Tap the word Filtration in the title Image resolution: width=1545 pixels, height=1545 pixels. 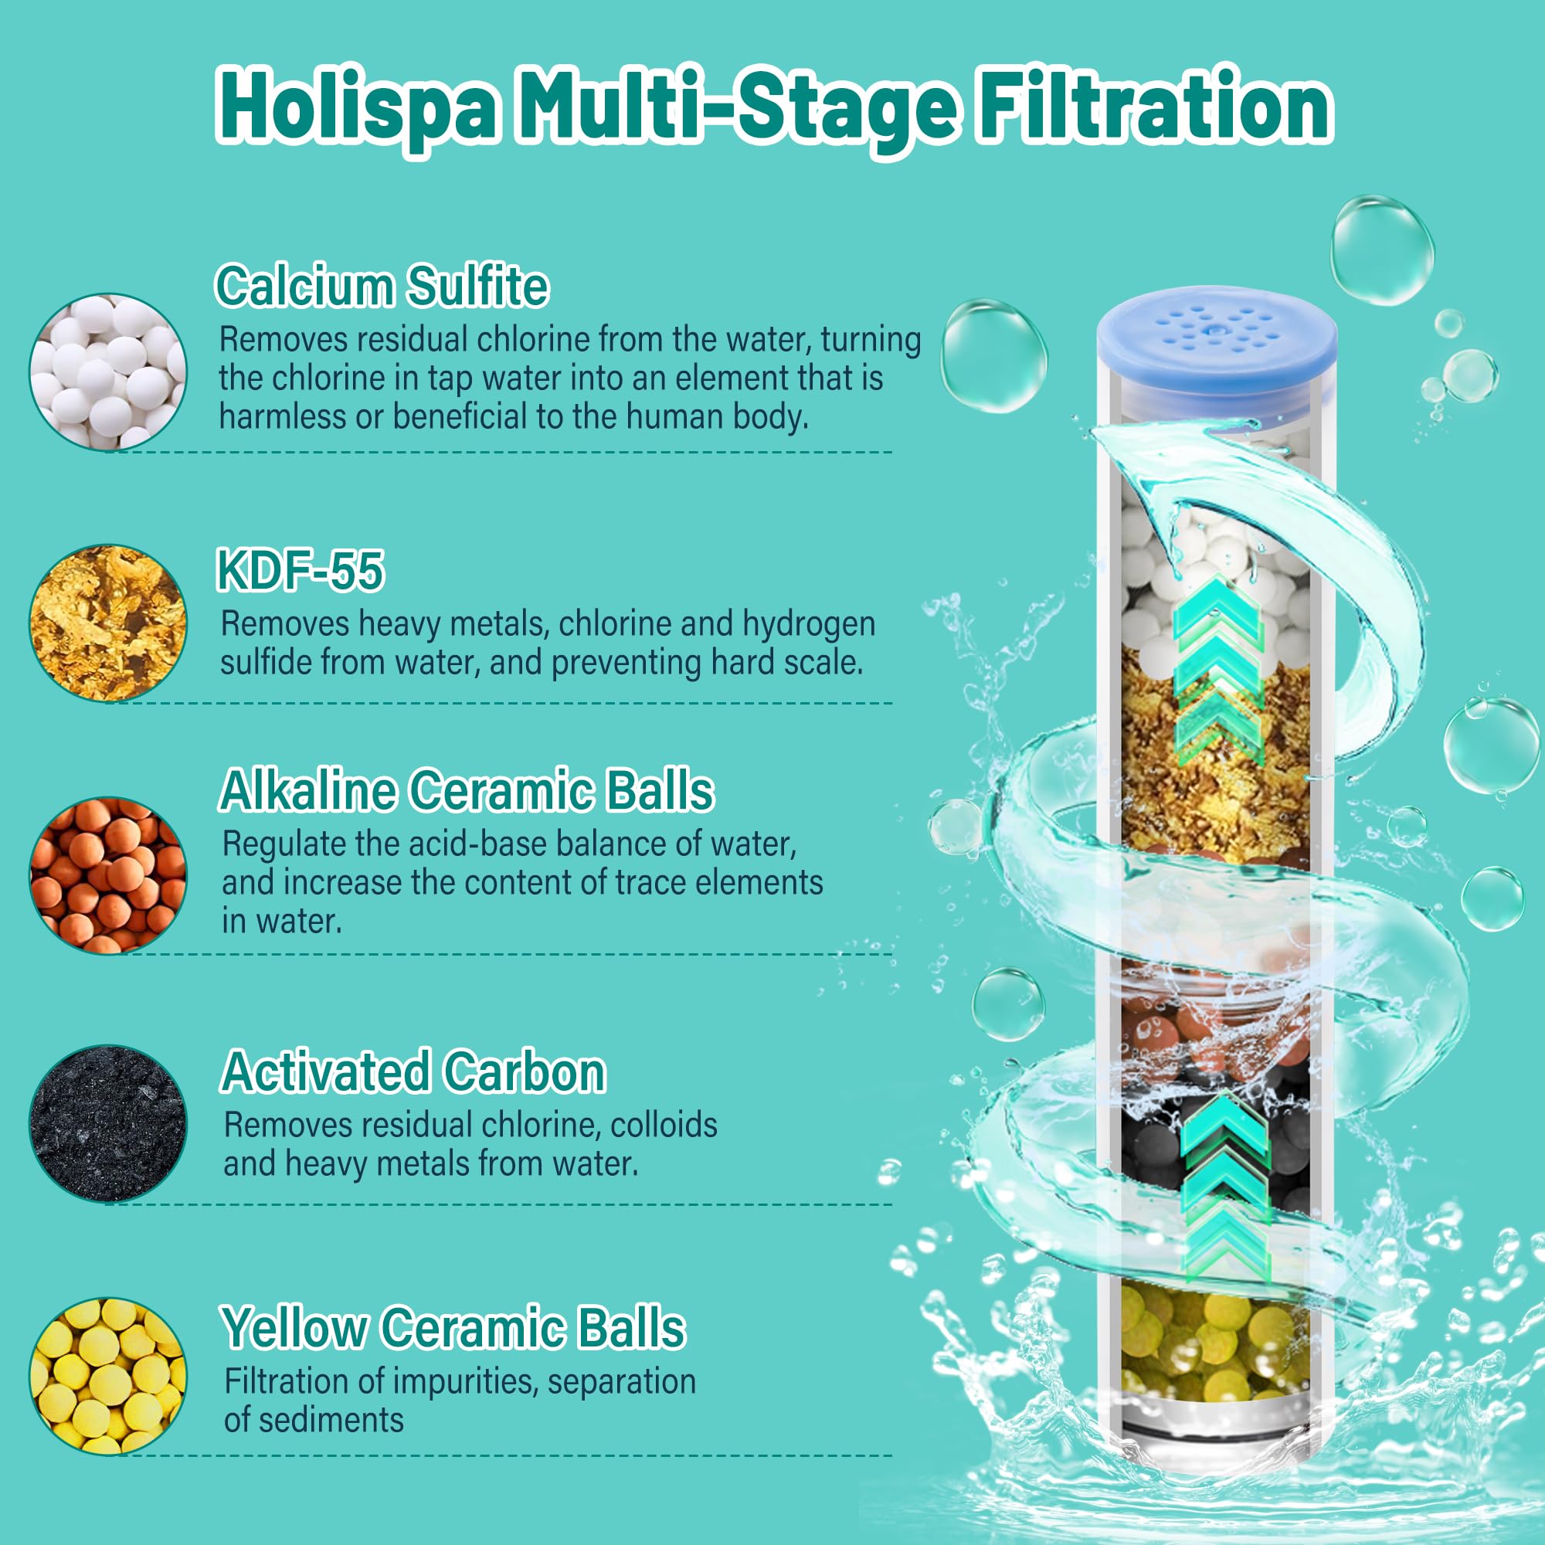pos(1155,105)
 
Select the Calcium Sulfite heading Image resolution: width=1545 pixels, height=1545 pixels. pos(382,286)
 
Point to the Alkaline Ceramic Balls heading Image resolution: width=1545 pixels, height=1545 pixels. pos(467,791)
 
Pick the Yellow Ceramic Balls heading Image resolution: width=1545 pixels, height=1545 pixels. pos(453,1329)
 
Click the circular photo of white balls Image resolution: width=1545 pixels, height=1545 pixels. pos(108,371)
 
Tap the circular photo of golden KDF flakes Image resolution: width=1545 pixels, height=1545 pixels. pos(108,623)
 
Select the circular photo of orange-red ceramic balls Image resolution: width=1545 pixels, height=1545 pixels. pos(108,875)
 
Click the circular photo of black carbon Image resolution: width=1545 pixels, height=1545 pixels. pos(108,1122)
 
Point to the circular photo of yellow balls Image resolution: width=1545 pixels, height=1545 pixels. pos(108,1376)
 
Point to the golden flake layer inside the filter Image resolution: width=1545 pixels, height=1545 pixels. pos(1214,756)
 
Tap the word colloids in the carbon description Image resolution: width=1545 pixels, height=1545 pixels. pos(664,1126)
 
